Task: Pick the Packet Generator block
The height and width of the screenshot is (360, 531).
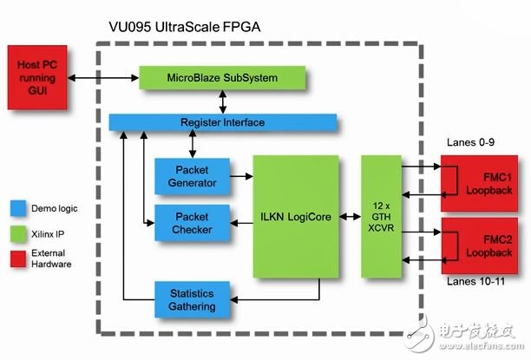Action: click(x=192, y=176)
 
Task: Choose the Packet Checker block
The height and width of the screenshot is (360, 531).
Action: click(x=192, y=222)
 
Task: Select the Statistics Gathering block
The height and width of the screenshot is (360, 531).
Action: click(x=192, y=295)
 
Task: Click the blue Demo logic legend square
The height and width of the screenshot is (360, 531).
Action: click(x=17, y=208)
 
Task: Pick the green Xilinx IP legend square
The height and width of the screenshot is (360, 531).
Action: click(x=17, y=232)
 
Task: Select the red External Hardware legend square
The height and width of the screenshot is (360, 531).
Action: click(x=17, y=258)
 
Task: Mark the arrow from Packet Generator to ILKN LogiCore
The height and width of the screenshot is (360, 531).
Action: click(x=240, y=176)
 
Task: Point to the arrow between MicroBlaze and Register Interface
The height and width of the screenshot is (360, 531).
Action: click(x=223, y=101)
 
